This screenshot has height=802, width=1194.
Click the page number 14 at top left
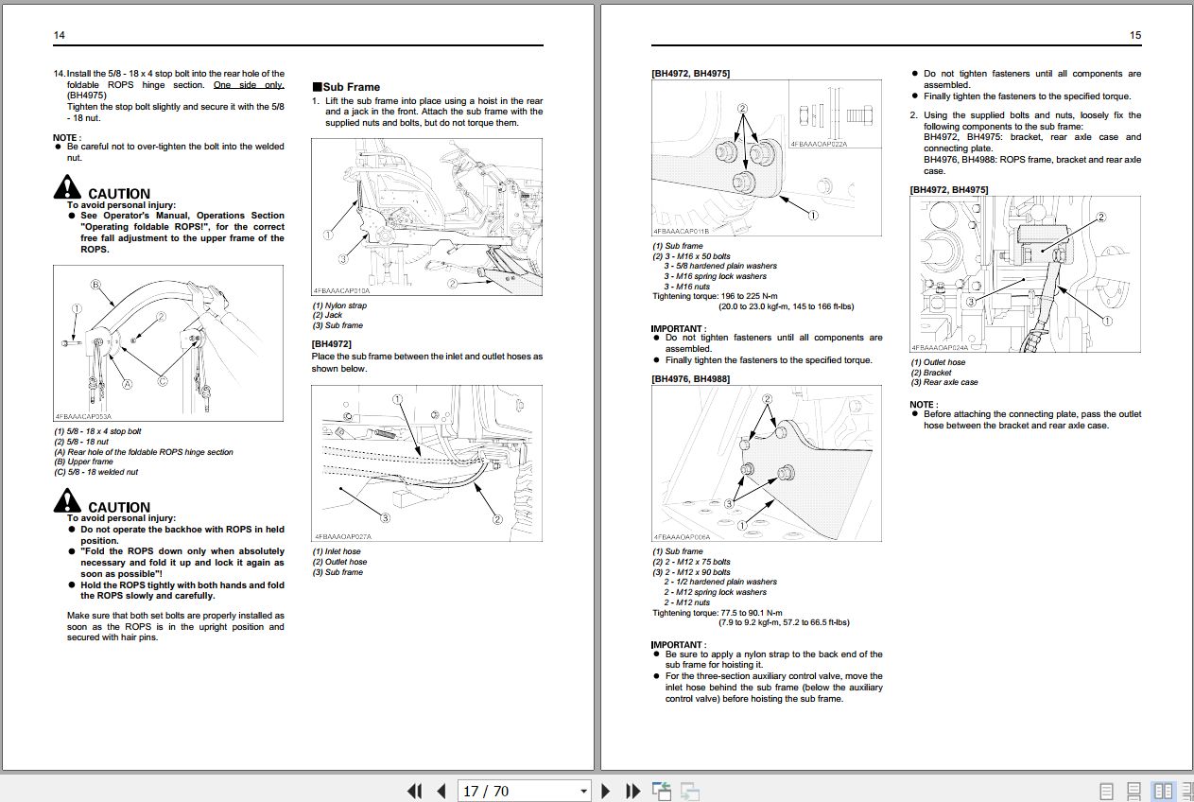[59, 35]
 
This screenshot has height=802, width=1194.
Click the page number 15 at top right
[1134, 35]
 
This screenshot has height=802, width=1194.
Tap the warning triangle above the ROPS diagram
[68, 186]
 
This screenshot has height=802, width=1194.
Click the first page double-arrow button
[414, 791]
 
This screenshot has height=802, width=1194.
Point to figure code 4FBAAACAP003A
[83, 416]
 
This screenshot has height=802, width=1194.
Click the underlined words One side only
[248, 84]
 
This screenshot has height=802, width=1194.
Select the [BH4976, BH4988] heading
[690, 378]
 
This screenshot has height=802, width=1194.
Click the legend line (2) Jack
[328, 315]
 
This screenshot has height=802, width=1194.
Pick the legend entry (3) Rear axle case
[944, 382]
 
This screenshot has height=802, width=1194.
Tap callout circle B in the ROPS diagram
[95, 285]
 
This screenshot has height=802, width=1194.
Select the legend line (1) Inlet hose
[337, 551]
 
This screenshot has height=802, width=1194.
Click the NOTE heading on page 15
[922, 404]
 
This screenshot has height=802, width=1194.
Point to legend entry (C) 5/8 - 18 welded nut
[96, 472]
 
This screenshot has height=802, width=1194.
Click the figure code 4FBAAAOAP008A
[681, 536]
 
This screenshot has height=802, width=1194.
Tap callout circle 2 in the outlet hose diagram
[1100, 217]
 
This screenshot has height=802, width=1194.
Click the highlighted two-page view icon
[1164, 791]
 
